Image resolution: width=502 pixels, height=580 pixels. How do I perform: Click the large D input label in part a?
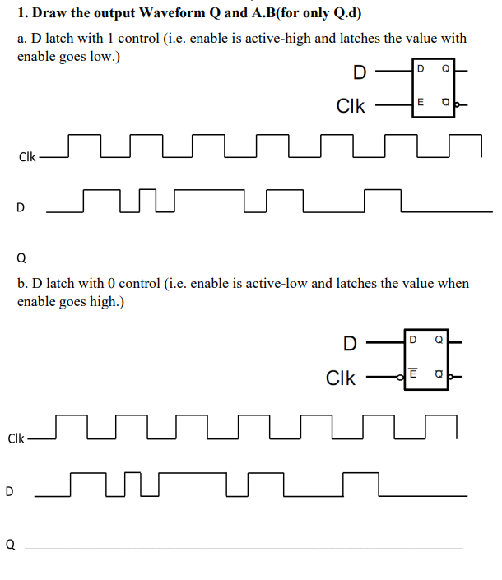coord(360,72)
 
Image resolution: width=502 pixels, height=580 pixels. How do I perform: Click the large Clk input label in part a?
coord(351,106)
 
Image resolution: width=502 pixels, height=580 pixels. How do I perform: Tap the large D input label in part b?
coord(350,342)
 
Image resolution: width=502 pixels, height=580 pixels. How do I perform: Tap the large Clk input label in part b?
coord(342,378)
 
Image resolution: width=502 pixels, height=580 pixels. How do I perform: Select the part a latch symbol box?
coord(433,87)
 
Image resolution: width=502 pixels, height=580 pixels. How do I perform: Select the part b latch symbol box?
coord(425,357)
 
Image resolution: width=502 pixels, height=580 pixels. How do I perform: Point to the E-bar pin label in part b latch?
coord(412,375)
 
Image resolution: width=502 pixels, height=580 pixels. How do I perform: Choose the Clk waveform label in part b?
coord(16,438)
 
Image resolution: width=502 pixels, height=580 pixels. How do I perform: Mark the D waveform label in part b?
coord(10,492)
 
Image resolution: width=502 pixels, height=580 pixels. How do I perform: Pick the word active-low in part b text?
coord(284,283)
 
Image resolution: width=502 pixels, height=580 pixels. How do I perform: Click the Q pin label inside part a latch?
coord(445,69)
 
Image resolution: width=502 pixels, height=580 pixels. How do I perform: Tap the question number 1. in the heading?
coord(22,13)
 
